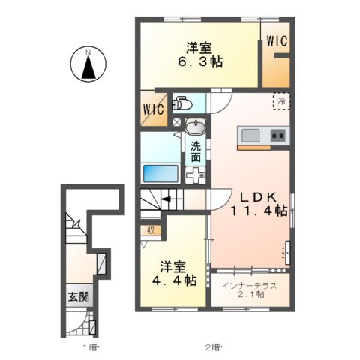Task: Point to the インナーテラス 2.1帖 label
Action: coord(250,289)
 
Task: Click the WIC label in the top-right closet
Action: coord(277,42)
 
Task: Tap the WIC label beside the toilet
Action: coord(153,109)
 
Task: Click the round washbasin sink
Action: coord(195,125)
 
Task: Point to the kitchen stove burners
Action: coord(277,136)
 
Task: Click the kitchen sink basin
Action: coord(250,135)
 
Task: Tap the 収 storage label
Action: coord(151,231)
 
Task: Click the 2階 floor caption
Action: coord(212,348)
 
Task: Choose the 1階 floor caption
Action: coord(89,348)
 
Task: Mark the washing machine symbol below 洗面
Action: coord(195,175)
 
